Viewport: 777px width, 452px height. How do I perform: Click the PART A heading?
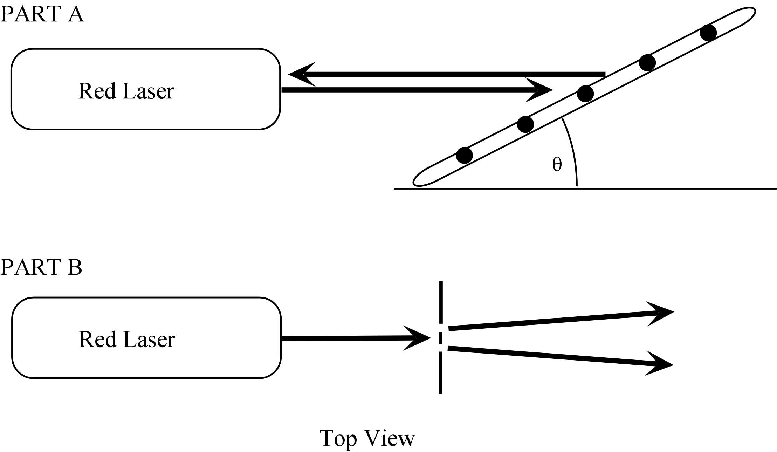(x=42, y=15)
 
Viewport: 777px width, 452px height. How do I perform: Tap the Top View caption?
(x=367, y=438)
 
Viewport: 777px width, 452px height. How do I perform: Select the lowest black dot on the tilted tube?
(x=465, y=155)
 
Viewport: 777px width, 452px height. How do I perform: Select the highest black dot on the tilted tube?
(x=708, y=33)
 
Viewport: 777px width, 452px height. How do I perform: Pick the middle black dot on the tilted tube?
(x=585, y=94)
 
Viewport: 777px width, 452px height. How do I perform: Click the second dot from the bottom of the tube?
(x=525, y=124)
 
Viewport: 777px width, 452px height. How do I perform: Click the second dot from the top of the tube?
(x=647, y=63)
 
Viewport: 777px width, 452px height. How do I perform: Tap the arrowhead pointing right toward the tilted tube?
(x=539, y=90)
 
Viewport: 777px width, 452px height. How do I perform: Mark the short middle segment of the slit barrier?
(x=441, y=338)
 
